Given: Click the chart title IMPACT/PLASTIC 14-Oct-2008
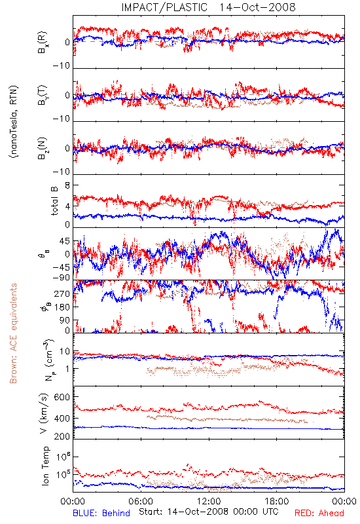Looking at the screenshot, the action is pos(208,7).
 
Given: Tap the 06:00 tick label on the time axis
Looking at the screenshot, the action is pos(141,501).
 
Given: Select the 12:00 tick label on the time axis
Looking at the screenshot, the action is pos(209,501).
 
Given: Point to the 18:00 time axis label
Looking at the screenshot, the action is pos(277,501).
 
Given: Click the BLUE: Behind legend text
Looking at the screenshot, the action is pos(101,513).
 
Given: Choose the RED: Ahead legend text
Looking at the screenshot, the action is pos(319,513).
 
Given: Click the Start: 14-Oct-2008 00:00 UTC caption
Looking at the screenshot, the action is pos(209,512).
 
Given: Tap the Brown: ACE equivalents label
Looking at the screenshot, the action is pos(13,333).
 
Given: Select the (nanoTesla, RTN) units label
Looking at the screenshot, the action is pos(14,122).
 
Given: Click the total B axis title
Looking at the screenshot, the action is pos(54,201).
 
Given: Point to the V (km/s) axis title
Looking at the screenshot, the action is pos(44,413).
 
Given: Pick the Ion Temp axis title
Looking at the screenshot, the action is pos(45,466).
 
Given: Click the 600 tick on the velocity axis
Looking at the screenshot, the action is pos(62,397).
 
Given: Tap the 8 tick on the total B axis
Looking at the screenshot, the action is pos(67,185).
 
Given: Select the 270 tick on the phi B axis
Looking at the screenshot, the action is pos(62,294).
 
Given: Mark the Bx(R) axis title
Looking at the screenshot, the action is pos(43,43).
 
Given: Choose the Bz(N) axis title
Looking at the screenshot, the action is pos(43,148).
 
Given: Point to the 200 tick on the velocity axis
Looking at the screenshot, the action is pos(62,436).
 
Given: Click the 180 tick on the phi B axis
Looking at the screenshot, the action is pos(62,307).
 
